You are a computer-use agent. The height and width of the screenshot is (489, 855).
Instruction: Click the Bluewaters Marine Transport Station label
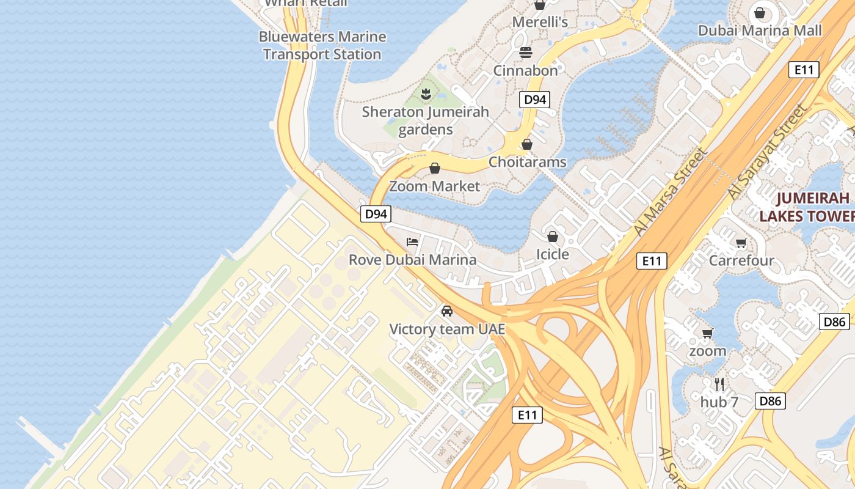322,46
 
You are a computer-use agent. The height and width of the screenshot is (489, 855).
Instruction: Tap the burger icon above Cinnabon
526,53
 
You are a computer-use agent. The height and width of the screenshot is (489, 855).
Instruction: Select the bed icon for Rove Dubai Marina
412,242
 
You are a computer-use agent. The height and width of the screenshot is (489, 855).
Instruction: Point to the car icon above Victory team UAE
447,311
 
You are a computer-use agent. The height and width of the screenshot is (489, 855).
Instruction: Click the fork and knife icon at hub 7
719,384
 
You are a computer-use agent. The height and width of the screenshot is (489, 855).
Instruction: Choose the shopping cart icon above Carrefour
741,243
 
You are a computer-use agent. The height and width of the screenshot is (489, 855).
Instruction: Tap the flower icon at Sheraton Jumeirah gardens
426,94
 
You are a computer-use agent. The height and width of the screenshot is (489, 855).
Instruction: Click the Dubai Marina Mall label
760,31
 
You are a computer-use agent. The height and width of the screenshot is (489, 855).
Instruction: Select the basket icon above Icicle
553,236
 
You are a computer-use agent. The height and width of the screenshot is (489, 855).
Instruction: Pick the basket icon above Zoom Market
435,168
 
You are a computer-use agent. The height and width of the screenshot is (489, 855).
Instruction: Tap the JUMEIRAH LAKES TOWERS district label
806,207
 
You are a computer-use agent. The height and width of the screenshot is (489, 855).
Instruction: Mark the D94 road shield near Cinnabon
534,100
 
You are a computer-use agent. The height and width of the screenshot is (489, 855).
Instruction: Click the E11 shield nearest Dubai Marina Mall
803,70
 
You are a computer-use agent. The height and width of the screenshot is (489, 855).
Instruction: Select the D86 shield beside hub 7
770,402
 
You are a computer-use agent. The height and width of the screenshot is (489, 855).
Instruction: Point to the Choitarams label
528,163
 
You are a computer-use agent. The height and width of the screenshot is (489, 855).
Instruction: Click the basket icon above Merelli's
539,5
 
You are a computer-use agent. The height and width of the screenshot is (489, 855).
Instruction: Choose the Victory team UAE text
448,329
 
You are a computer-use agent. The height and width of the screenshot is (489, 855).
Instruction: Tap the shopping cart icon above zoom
707,333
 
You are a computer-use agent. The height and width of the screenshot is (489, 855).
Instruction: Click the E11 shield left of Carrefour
651,261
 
